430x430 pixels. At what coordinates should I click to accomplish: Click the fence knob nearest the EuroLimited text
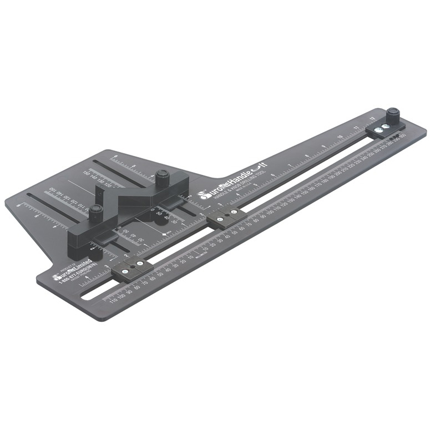(x=97, y=211)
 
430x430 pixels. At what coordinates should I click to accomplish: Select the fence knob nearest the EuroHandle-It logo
(x=161, y=178)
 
